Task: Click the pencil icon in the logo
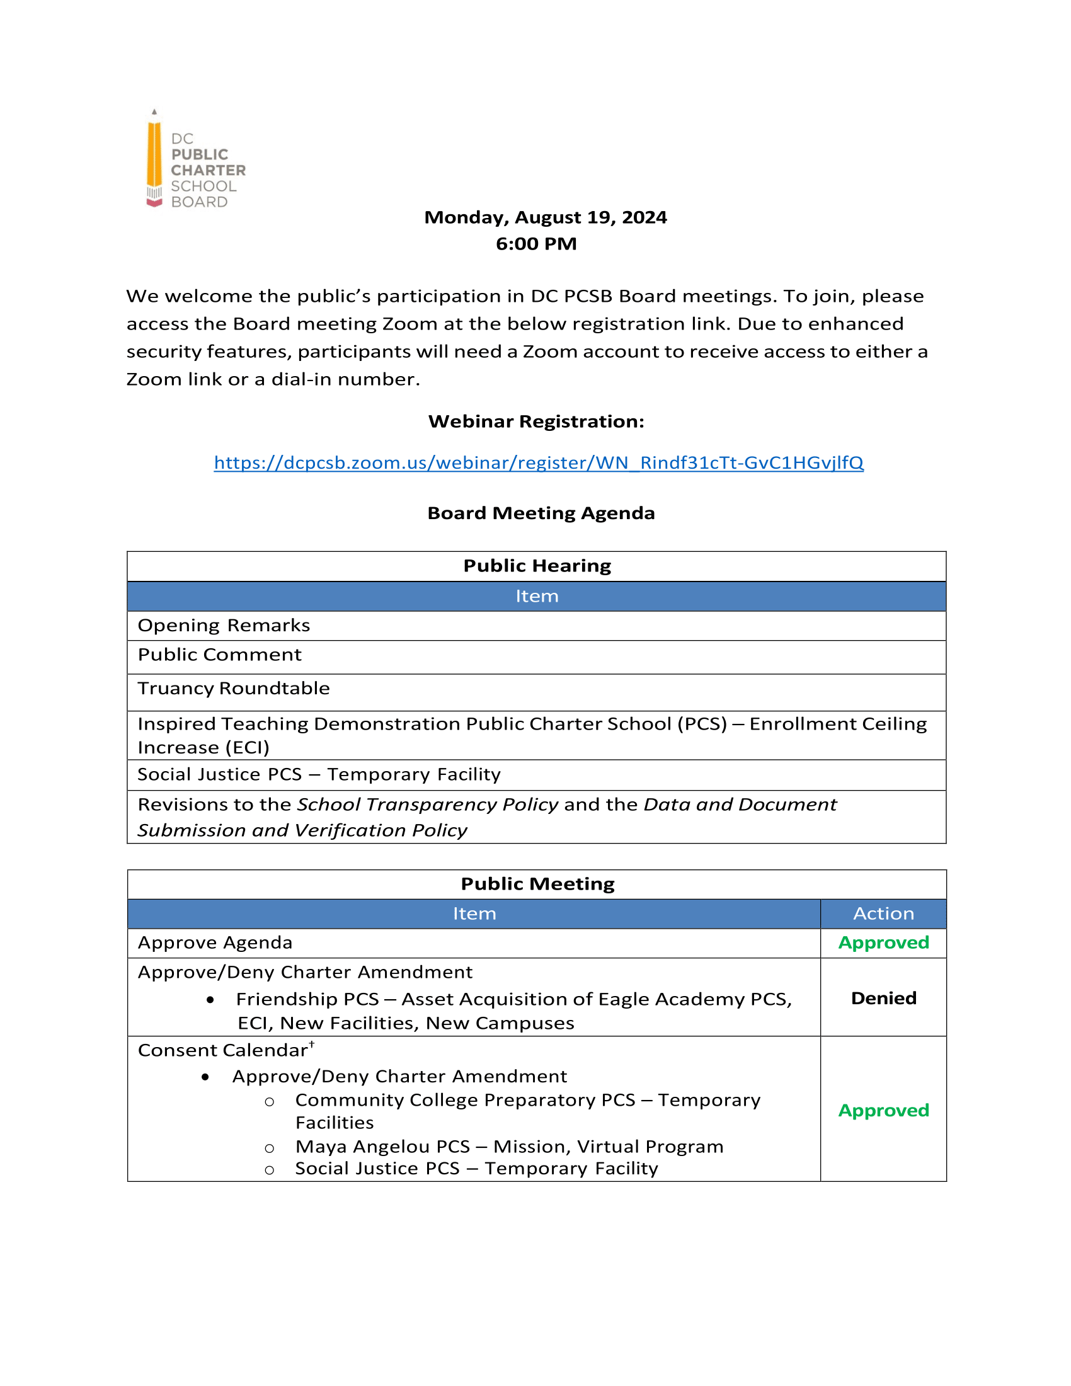coord(154,159)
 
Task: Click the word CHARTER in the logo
coord(208,170)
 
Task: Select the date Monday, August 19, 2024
coord(545,217)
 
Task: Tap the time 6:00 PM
coord(536,244)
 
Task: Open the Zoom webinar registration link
coord(538,462)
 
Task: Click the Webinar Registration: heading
coord(536,421)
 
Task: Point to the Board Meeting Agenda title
coord(541,513)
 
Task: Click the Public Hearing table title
coord(537,566)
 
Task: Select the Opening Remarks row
coord(224,626)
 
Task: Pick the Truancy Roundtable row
coord(234,689)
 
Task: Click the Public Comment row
coord(219,655)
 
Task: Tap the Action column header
coord(883,914)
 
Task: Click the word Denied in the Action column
coord(883,999)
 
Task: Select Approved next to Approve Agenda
coord(883,943)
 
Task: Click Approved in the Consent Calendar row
coord(883,1111)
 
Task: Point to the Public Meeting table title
coord(537,884)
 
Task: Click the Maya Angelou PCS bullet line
coord(509,1147)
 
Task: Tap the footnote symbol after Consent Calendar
coord(311,1044)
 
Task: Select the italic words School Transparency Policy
coord(428,805)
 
